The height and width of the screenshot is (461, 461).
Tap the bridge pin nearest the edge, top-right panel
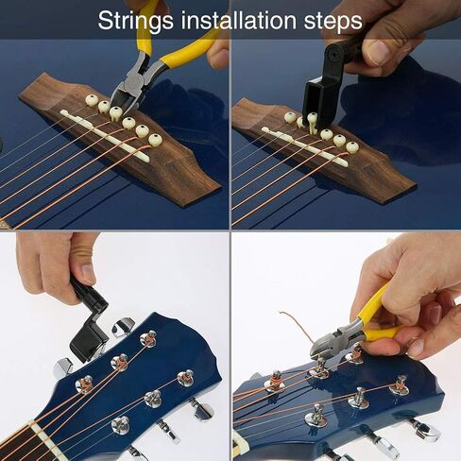(351, 146)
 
